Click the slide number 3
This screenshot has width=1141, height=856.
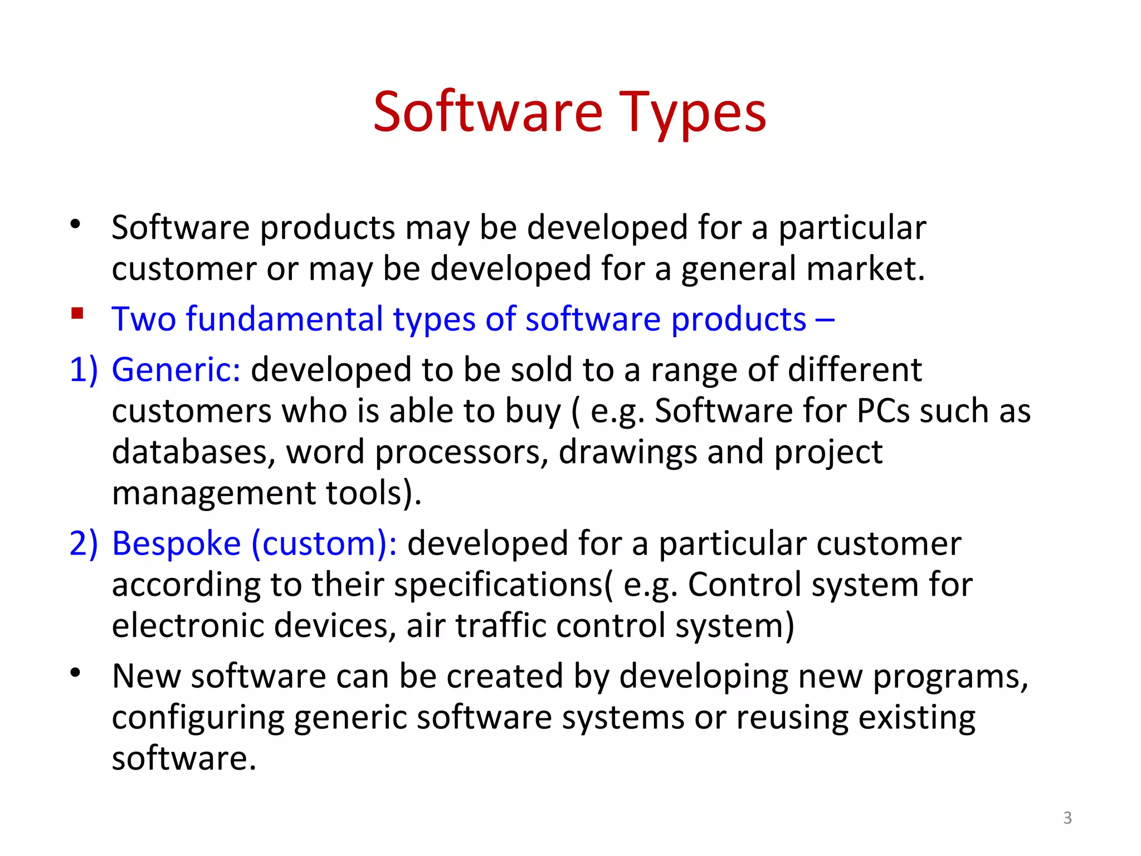1067,818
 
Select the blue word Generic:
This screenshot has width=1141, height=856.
176,369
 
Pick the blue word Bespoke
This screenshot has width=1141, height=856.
176,543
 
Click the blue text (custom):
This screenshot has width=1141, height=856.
324,543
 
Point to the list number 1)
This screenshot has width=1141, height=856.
84,369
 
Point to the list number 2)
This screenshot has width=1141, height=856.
84,543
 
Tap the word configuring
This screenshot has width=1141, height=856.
198,718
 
